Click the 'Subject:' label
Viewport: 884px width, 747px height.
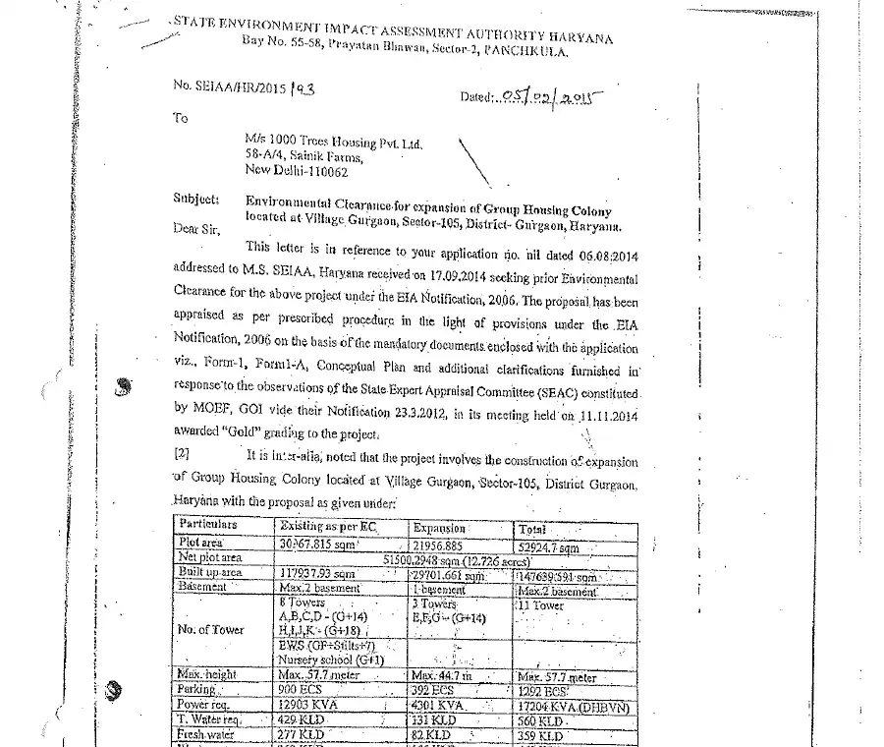pyautogui.click(x=195, y=198)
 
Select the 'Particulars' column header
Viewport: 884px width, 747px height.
pyautogui.click(x=208, y=526)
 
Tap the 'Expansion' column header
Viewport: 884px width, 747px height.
pyautogui.click(x=439, y=528)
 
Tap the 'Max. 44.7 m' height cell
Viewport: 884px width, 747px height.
pyautogui.click(x=442, y=676)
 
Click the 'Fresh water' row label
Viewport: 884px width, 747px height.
pyautogui.click(x=203, y=735)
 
